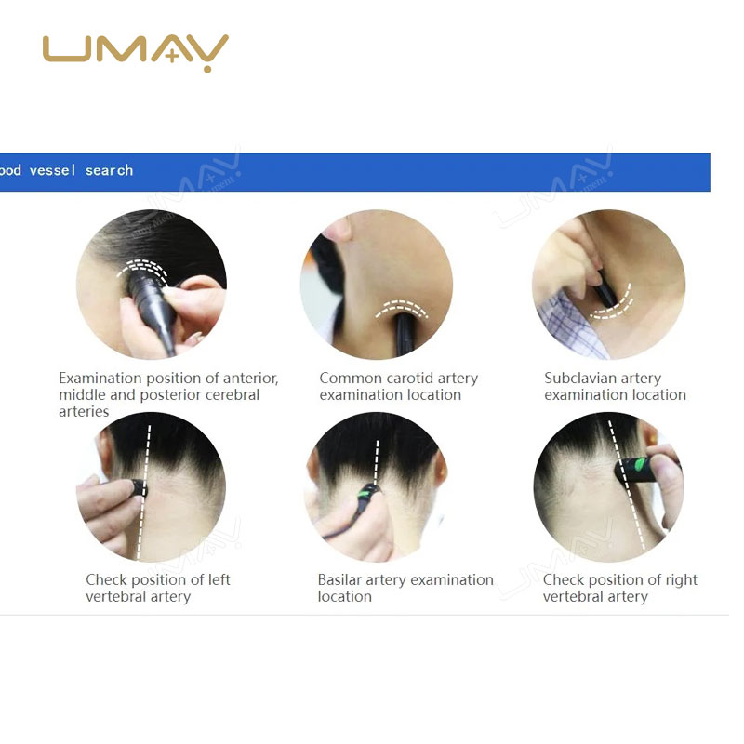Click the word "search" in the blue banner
tap(109, 170)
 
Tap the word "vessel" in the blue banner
tap(54, 170)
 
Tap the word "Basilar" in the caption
tap(339, 580)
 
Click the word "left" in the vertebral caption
tap(218, 580)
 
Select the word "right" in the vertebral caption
tap(680, 580)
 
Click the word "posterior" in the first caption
tap(192, 395)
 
